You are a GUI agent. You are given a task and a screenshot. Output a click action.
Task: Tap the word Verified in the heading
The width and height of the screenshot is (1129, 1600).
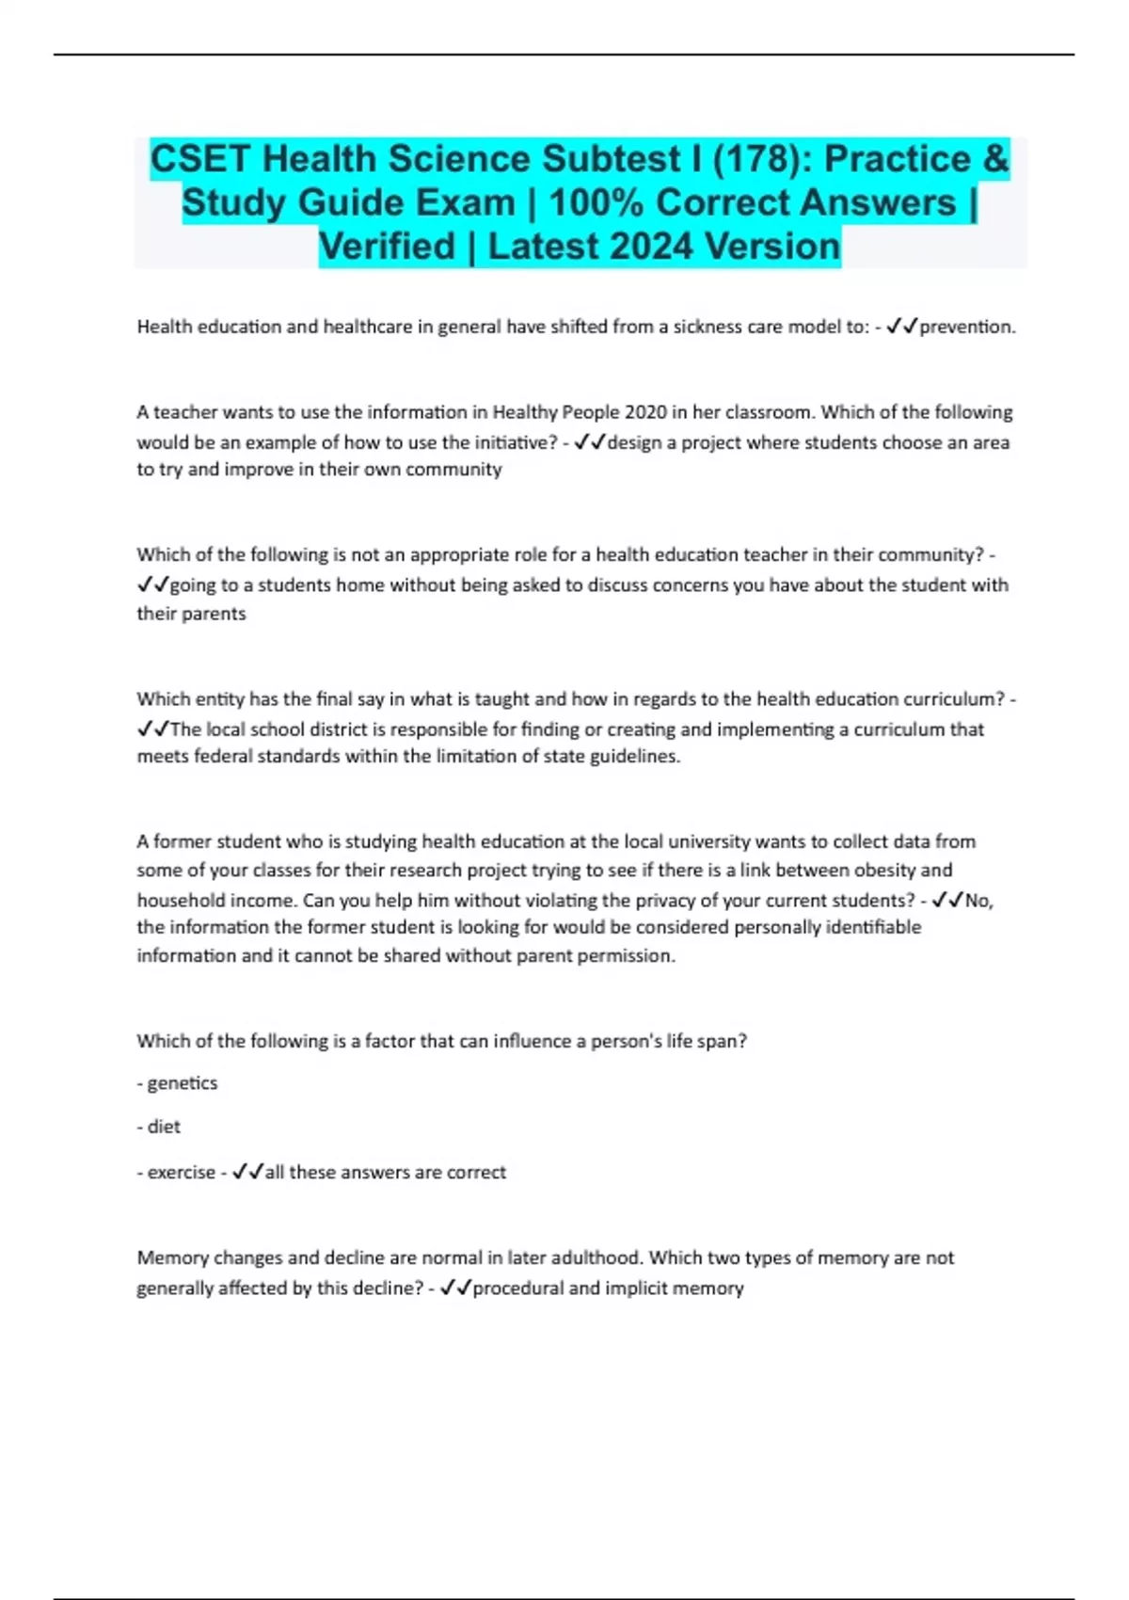point(387,247)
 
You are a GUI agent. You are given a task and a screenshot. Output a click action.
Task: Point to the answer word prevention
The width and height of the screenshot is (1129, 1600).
point(966,327)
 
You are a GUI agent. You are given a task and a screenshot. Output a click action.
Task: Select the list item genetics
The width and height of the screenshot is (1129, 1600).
point(183,1083)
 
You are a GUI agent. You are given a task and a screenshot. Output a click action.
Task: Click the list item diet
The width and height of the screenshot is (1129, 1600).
point(164,1127)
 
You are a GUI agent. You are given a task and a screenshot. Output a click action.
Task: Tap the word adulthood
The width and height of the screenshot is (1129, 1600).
point(590,1257)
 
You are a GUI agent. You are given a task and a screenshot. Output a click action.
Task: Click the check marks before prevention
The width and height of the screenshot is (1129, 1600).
point(902,327)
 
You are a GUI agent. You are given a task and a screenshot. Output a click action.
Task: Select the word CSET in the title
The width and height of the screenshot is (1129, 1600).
point(200,159)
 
